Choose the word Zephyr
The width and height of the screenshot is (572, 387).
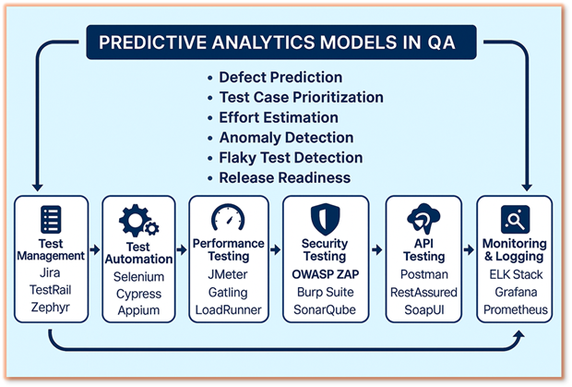click(52, 308)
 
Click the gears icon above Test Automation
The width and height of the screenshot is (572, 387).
click(138, 222)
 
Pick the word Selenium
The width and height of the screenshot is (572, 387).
click(138, 276)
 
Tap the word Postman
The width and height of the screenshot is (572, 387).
click(422, 274)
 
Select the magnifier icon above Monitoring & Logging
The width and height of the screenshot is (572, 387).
click(514, 219)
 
